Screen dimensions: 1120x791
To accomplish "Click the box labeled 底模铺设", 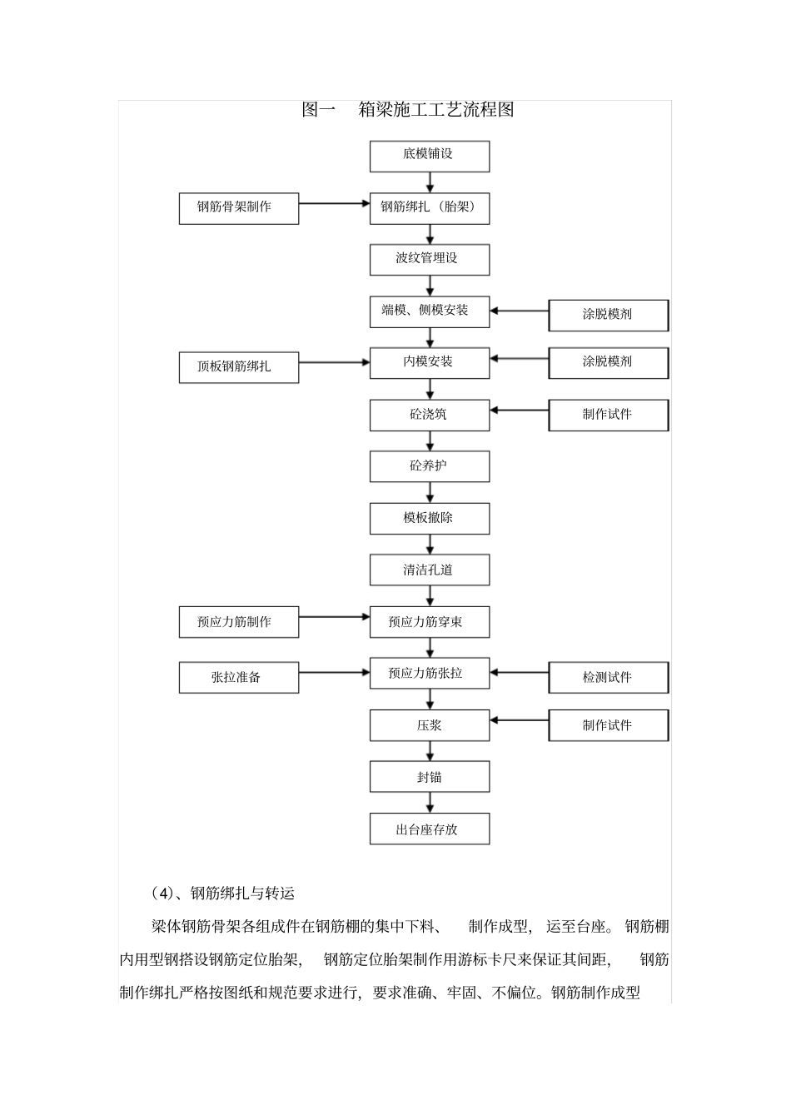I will [430, 156].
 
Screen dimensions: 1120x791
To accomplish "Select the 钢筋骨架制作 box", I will [238, 208].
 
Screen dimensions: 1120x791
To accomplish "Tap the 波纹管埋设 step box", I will [430, 259].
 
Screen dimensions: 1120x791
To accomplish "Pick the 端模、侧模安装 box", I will [430, 311].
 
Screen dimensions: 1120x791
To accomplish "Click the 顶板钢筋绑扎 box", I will [238, 367].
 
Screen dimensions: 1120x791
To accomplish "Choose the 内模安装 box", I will [430, 363].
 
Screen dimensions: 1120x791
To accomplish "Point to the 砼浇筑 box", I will [430, 415].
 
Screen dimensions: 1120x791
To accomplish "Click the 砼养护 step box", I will [430, 466].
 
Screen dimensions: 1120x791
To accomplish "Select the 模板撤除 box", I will [430, 519].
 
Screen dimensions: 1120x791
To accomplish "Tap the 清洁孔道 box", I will [430, 570].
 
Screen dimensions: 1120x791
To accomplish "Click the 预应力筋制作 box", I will [238, 622].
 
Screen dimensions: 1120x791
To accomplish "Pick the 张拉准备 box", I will [238, 678].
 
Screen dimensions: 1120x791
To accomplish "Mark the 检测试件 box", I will [608, 678].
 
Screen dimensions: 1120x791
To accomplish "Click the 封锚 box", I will [430, 777].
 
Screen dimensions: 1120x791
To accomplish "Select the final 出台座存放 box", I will [430, 829].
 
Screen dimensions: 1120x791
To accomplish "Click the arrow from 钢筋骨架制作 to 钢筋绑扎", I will [334, 202].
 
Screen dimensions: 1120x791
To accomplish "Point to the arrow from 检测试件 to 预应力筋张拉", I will [519, 672].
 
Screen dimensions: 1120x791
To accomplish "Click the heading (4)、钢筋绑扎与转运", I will [223, 894].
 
